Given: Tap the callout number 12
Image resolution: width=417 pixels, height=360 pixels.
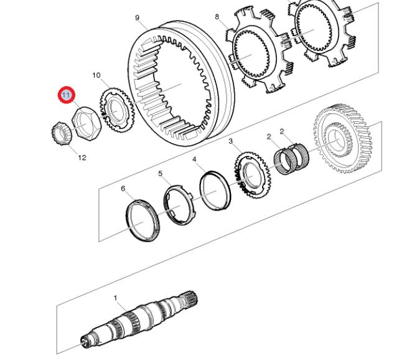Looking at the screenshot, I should pyautogui.click(x=82, y=158).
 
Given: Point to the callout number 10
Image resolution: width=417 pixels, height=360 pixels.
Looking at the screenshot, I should pyautogui.click(x=96, y=75).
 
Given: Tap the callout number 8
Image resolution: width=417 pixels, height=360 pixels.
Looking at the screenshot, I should pyautogui.click(x=217, y=17).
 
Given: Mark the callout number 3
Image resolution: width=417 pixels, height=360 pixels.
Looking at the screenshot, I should pyautogui.click(x=230, y=142).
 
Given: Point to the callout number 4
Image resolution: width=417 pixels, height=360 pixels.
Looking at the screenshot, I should pyautogui.click(x=195, y=159).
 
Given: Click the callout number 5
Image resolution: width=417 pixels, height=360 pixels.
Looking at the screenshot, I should pyautogui.click(x=160, y=174).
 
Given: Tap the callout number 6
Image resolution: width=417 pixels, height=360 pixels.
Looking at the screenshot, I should pyautogui.click(x=123, y=188).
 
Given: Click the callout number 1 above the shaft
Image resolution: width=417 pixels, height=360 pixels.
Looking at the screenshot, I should pyautogui.click(x=115, y=298).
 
